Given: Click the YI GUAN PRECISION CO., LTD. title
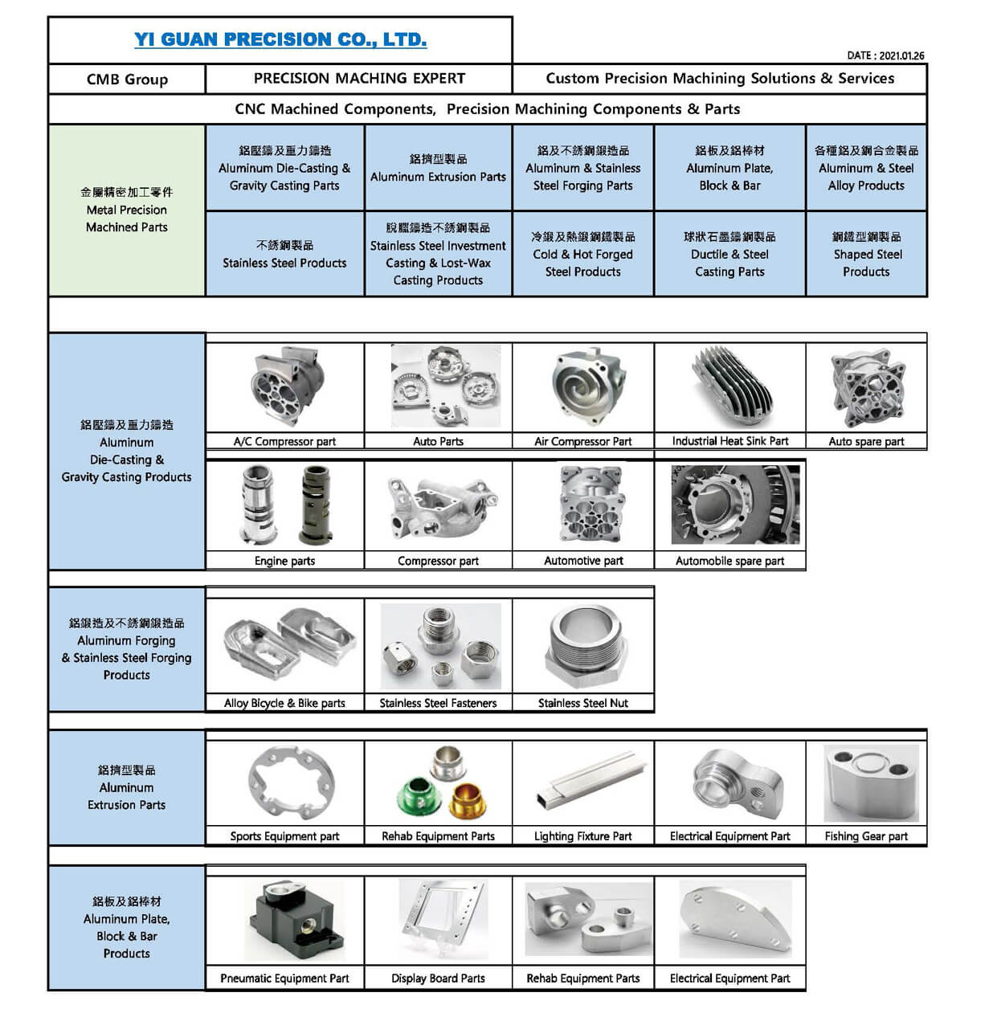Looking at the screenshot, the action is [x=280, y=39].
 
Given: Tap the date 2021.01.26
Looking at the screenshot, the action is [x=901, y=55].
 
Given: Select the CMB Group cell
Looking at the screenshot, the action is [x=127, y=80].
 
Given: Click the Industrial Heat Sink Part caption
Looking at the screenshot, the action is [x=730, y=441].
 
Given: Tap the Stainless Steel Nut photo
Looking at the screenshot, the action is [x=584, y=645].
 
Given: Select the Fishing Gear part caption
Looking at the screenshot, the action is [x=866, y=836].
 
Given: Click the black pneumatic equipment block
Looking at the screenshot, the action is [x=295, y=920].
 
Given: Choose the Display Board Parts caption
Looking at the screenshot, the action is [x=439, y=978].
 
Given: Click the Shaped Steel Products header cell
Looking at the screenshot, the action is [x=867, y=254].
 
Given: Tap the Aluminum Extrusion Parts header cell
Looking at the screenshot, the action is [x=439, y=168].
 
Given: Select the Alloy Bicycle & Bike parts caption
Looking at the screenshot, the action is [x=285, y=703].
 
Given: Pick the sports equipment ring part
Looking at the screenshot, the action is [x=291, y=783].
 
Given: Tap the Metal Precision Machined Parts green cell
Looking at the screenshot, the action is [x=127, y=210].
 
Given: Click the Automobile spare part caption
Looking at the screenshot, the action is [x=730, y=561].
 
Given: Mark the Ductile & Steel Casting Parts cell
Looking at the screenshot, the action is [x=730, y=254].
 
